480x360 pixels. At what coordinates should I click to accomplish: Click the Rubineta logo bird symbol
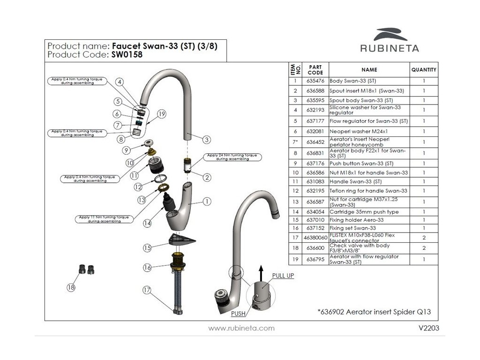(390, 35)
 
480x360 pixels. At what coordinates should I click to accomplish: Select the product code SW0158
(127, 54)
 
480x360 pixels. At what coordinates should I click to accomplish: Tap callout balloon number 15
(148, 247)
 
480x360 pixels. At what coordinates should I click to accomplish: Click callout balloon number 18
(71, 288)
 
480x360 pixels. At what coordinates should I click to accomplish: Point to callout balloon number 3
(207, 139)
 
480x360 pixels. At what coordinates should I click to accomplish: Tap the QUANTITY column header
(424, 70)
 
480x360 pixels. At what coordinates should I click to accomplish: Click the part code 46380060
(315, 238)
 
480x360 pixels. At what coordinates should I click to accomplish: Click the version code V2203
(428, 328)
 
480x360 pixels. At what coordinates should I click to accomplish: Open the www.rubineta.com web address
(241, 328)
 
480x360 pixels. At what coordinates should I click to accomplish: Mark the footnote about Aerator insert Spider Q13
(374, 311)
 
